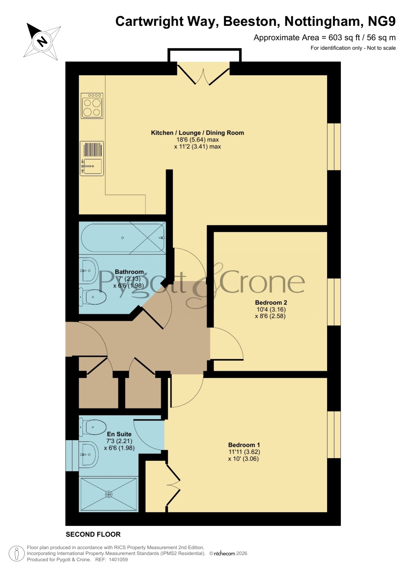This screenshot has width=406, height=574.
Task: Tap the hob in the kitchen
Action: point(92,106)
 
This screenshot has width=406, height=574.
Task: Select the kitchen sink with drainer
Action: point(92,159)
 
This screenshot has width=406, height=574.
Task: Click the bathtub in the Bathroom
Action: point(123,238)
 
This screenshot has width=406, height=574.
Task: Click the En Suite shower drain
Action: point(109,494)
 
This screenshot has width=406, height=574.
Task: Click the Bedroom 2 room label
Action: point(271,303)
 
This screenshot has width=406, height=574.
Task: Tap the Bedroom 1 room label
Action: point(244,445)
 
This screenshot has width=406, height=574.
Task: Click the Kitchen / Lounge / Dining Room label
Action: point(197,133)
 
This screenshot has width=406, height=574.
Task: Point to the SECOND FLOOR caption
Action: point(93,534)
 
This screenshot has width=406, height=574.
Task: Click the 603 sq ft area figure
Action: point(343,38)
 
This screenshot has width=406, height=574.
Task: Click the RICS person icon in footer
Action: point(16,554)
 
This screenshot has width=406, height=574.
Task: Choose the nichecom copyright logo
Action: point(224,553)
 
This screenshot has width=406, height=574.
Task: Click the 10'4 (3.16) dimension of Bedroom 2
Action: point(271,309)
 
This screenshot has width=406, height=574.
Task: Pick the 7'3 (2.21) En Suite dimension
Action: point(119,441)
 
